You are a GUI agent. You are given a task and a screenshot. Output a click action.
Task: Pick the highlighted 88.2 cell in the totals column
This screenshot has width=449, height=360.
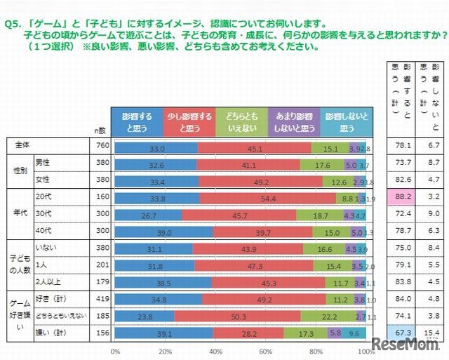click(398, 198)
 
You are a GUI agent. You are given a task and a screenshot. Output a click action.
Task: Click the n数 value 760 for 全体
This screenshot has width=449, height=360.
click(100, 146)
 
